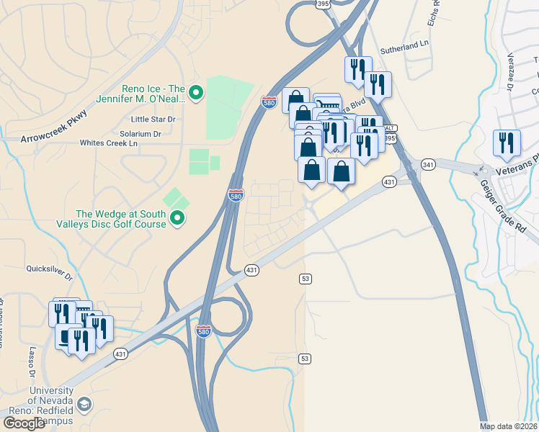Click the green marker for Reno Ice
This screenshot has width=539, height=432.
pos(195,92)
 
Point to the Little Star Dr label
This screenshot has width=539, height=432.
pos(153,119)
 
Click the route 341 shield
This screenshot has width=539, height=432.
pos(427,163)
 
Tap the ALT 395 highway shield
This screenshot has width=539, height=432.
pos(389,136)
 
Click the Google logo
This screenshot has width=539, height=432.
pos(24,423)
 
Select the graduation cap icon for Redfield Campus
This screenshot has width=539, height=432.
pos(85,405)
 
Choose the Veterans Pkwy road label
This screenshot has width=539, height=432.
pos(517,172)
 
